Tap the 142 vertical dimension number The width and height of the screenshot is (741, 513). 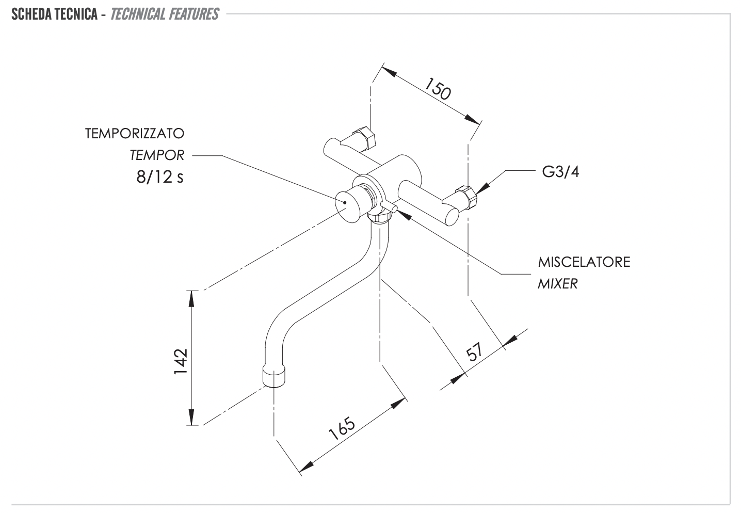coord(180,362)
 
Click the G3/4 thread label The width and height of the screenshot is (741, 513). coord(560,172)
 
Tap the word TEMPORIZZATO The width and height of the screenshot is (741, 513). coord(135,134)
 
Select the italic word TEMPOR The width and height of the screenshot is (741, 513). coord(157,154)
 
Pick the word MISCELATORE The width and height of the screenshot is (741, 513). coord(584,262)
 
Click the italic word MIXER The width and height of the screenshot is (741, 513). coord(557,283)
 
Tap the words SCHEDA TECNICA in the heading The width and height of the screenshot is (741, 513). coord(54,14)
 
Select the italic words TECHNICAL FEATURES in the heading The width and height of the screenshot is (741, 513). coord(165,14)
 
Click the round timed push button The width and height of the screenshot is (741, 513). coord(345,204)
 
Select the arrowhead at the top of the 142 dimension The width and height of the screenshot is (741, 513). coord(192,296)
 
